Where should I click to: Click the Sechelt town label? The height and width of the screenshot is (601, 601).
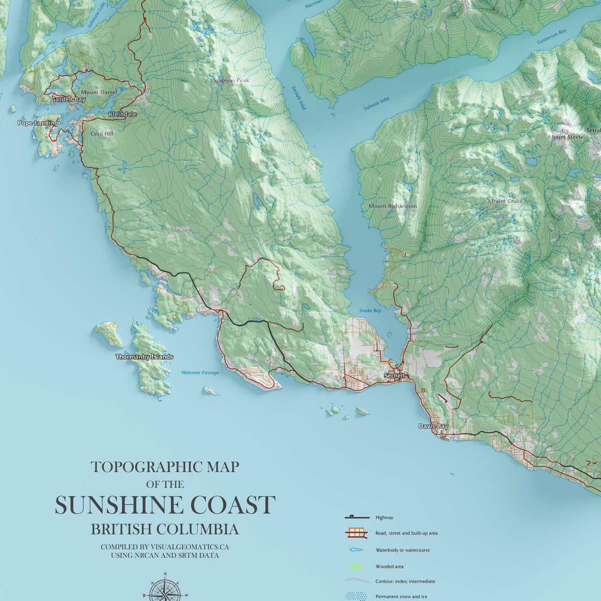(394, 376)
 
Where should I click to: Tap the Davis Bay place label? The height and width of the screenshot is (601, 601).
(433, 426)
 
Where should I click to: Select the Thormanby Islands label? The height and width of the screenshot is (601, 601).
(144, 357)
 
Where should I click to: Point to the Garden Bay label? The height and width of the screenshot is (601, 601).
(68, 100)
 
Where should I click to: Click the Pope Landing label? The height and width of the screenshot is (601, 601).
(38, 123)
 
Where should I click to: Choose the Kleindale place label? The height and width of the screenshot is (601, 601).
(122, 115)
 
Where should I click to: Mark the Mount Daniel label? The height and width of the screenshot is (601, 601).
(99, 93)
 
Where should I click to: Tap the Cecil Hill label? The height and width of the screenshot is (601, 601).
(102, 134)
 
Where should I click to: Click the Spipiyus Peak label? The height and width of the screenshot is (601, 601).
(231, 81)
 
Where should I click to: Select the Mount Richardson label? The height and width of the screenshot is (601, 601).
(393, 206)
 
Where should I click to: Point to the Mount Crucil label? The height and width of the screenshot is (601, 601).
(505, 201)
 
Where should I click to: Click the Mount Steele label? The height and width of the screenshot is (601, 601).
(565, 137)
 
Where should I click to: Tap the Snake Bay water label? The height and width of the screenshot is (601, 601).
(370, 311)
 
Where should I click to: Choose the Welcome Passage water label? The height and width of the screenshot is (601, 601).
(200, 373)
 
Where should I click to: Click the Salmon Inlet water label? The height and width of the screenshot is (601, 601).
(376, 104)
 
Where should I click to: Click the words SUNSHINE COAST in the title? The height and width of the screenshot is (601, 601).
(165, 505)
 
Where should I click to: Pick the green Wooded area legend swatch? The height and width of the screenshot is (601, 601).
(355, 567)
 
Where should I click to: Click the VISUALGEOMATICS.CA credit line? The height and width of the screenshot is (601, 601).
(165, 547)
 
